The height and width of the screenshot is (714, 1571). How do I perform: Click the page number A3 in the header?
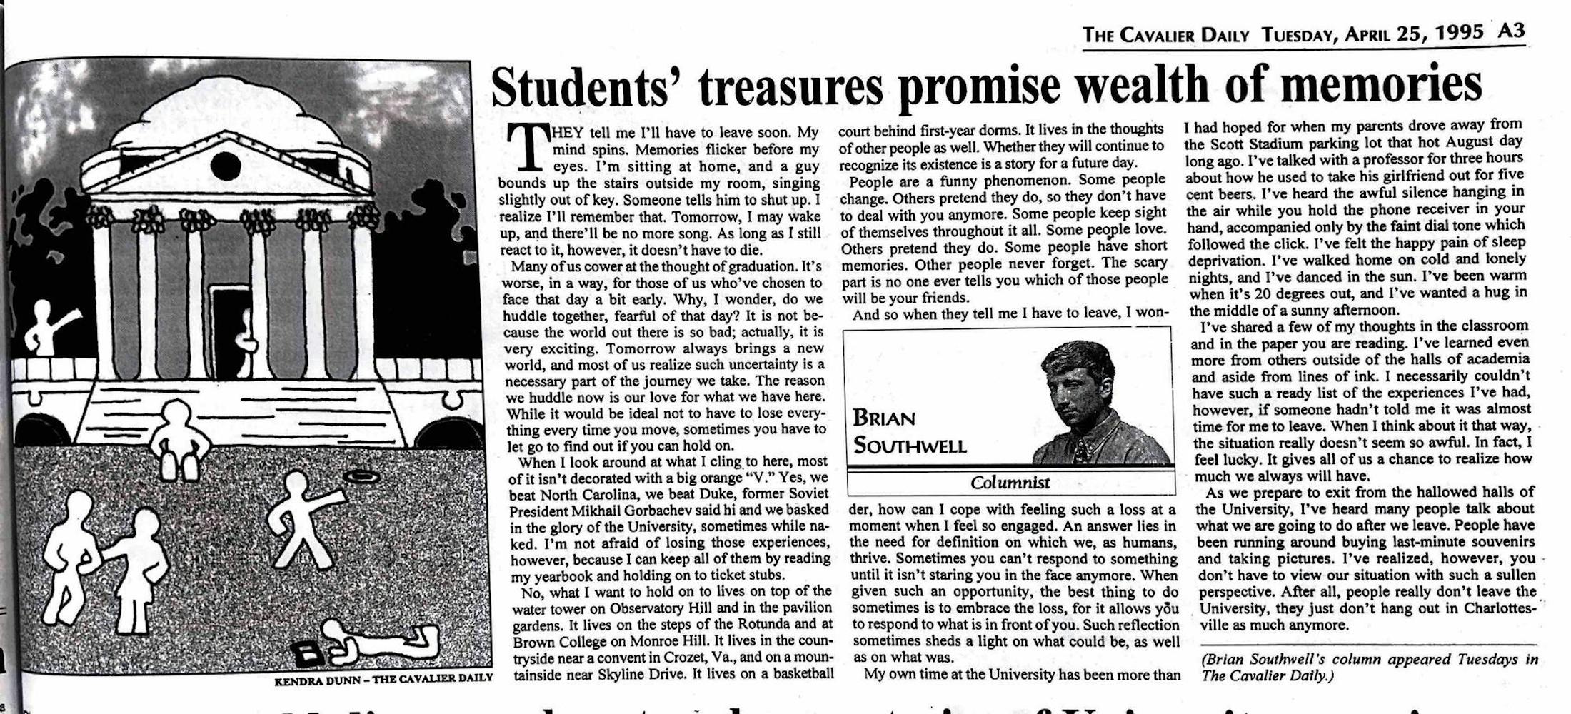pyautogui.click(x=1511, y=31)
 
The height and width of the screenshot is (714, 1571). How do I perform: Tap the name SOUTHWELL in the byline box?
pyautogui.click(x=910, y=446)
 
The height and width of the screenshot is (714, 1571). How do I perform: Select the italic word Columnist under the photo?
pyautogui.click(x=1010, y=483)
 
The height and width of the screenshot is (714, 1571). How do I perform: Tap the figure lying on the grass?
pyautogui.click(x=378, y=639)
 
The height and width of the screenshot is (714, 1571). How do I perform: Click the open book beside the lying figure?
pyautogui.click(x=312, y=651)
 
